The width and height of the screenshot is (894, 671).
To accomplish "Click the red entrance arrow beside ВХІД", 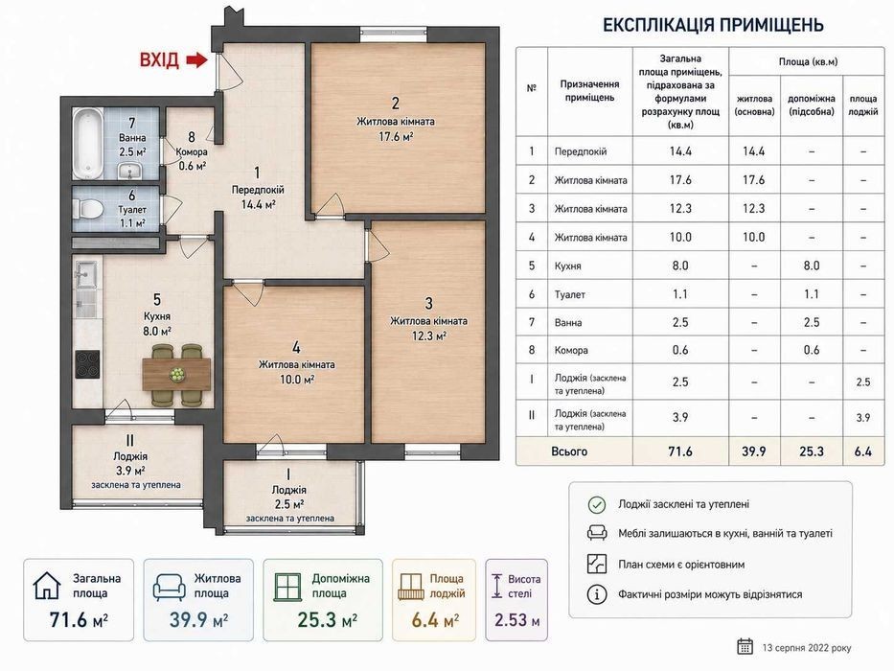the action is (196, 59).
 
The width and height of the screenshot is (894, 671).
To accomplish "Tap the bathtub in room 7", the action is (88, 143).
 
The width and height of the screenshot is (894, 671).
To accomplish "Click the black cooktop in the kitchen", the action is (87, 364).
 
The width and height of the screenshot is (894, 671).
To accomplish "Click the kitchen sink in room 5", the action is (86, 274).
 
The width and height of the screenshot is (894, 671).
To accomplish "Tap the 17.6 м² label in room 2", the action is (396, 136).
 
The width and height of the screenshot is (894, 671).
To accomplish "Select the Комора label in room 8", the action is (192, 151).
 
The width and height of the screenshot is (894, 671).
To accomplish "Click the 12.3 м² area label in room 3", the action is (428, 336).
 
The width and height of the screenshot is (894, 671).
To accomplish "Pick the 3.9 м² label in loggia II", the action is (130, 471).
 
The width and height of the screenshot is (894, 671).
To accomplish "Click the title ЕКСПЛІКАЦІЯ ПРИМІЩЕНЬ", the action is (713, 25).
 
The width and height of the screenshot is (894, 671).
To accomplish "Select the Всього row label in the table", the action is (569, 451).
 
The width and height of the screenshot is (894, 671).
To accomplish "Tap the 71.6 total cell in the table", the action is (680, 451).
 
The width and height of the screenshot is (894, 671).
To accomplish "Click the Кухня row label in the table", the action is (568, 266).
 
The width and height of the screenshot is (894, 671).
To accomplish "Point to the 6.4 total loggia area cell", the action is (863, 451).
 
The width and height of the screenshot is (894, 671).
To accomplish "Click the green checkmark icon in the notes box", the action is (596, 504).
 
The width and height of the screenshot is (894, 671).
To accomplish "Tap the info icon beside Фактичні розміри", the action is (596, 594).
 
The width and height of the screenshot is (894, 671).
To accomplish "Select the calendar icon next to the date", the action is (745, 646).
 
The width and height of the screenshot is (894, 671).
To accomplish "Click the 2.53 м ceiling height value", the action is (516, 619).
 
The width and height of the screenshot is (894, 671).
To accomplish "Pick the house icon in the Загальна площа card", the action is (47, 586).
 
